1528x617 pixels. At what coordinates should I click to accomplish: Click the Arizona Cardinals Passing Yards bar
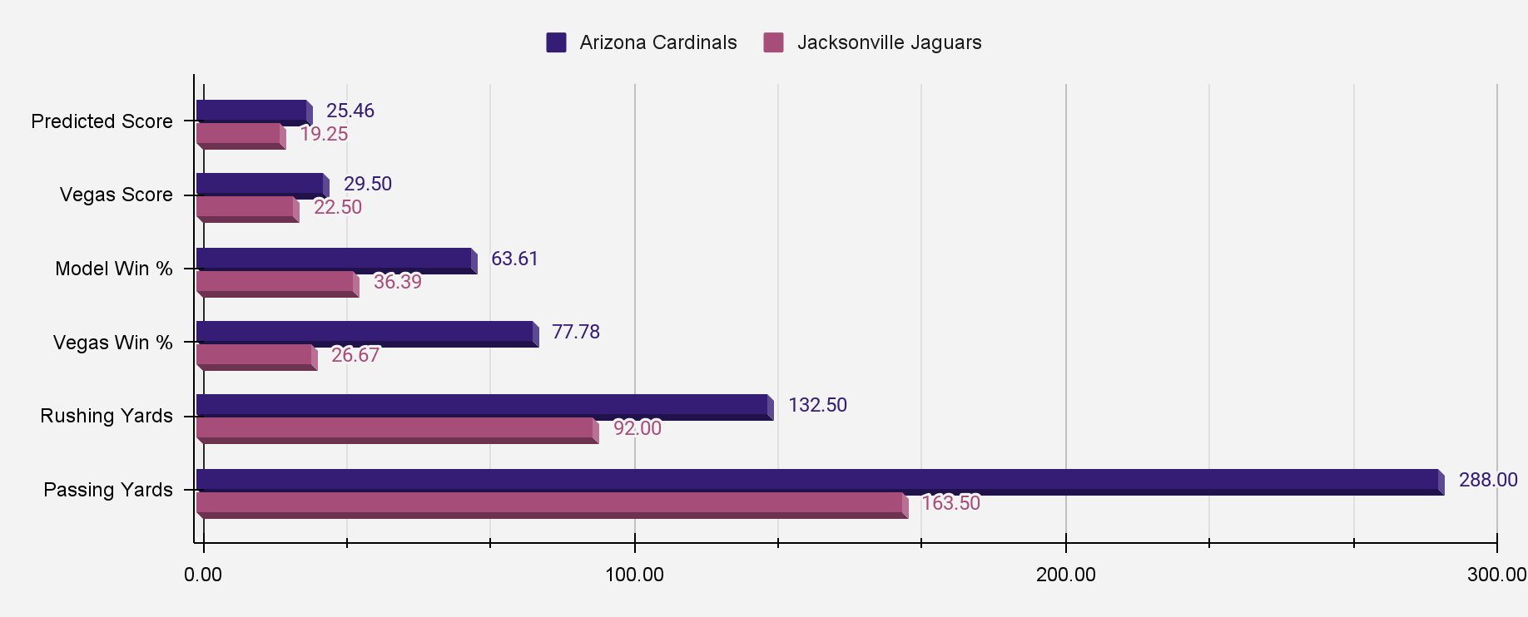(x=820, y=481)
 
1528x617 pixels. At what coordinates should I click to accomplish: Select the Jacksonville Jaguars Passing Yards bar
(x=551, y=504)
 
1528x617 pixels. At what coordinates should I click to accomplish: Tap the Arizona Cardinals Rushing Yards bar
(x=484, y=406)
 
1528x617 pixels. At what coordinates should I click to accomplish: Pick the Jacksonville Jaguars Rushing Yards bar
(x=396, y=429)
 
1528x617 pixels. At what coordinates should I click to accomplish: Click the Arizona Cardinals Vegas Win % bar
(x=366, y=333)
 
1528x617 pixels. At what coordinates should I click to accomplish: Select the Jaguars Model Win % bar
(x=276, y=283)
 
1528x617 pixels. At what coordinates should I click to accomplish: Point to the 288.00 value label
(x=1488, y=480)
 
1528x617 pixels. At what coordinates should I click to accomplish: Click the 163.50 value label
(x=950, y=503)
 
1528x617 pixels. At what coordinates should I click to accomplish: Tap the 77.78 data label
(x=575, y=332)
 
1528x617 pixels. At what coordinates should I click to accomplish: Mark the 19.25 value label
(x=324, y=134)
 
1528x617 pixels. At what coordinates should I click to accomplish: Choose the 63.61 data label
(x=514, y=259)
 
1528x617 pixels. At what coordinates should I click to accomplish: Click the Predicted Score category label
(x=102, y=121)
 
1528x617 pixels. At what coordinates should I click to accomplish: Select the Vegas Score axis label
(x=116, y=195)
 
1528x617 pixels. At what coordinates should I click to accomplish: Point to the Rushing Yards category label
(x=107, y=416)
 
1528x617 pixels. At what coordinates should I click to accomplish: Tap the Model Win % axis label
(x=113, y=269)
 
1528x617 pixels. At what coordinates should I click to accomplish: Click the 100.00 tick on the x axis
(x=634, y=575)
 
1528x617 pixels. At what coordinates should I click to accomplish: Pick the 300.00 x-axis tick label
(x=1496, y=575)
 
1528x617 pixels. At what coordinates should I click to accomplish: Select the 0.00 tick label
(x=203, y=575)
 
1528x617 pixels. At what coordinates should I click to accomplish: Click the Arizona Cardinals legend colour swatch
(x=556, y=42)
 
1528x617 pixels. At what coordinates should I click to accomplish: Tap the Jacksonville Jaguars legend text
(x=889, y=42)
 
